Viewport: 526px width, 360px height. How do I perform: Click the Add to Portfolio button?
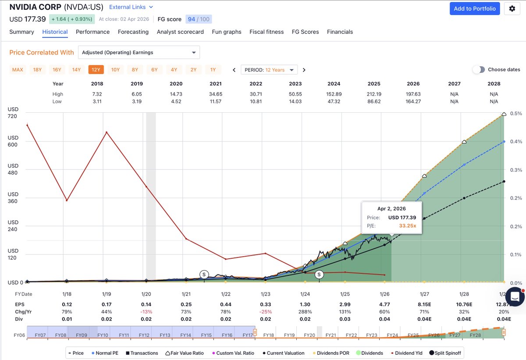(475, 9)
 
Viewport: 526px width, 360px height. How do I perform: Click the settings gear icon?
(512, 9)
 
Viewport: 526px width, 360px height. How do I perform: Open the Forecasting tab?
(133, 32)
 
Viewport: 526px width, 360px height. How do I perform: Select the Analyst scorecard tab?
(180, 32)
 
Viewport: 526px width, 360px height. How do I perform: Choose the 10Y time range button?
(115, 70)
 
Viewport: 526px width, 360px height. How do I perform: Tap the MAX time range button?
(18, 70)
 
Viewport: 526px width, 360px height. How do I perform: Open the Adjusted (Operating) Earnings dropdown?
(139, 53)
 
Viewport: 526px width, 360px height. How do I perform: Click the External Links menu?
(131, 7)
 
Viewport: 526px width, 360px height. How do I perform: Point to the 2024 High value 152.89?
(334, 94)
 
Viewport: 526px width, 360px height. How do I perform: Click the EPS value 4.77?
(384, 304)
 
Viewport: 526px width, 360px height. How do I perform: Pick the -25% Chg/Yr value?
(265, 312)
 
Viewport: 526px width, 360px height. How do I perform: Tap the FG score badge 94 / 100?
(198, 19)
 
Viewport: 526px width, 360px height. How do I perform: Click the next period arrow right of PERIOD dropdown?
(304, 70)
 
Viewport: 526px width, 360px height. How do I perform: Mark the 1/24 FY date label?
(305, 294)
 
